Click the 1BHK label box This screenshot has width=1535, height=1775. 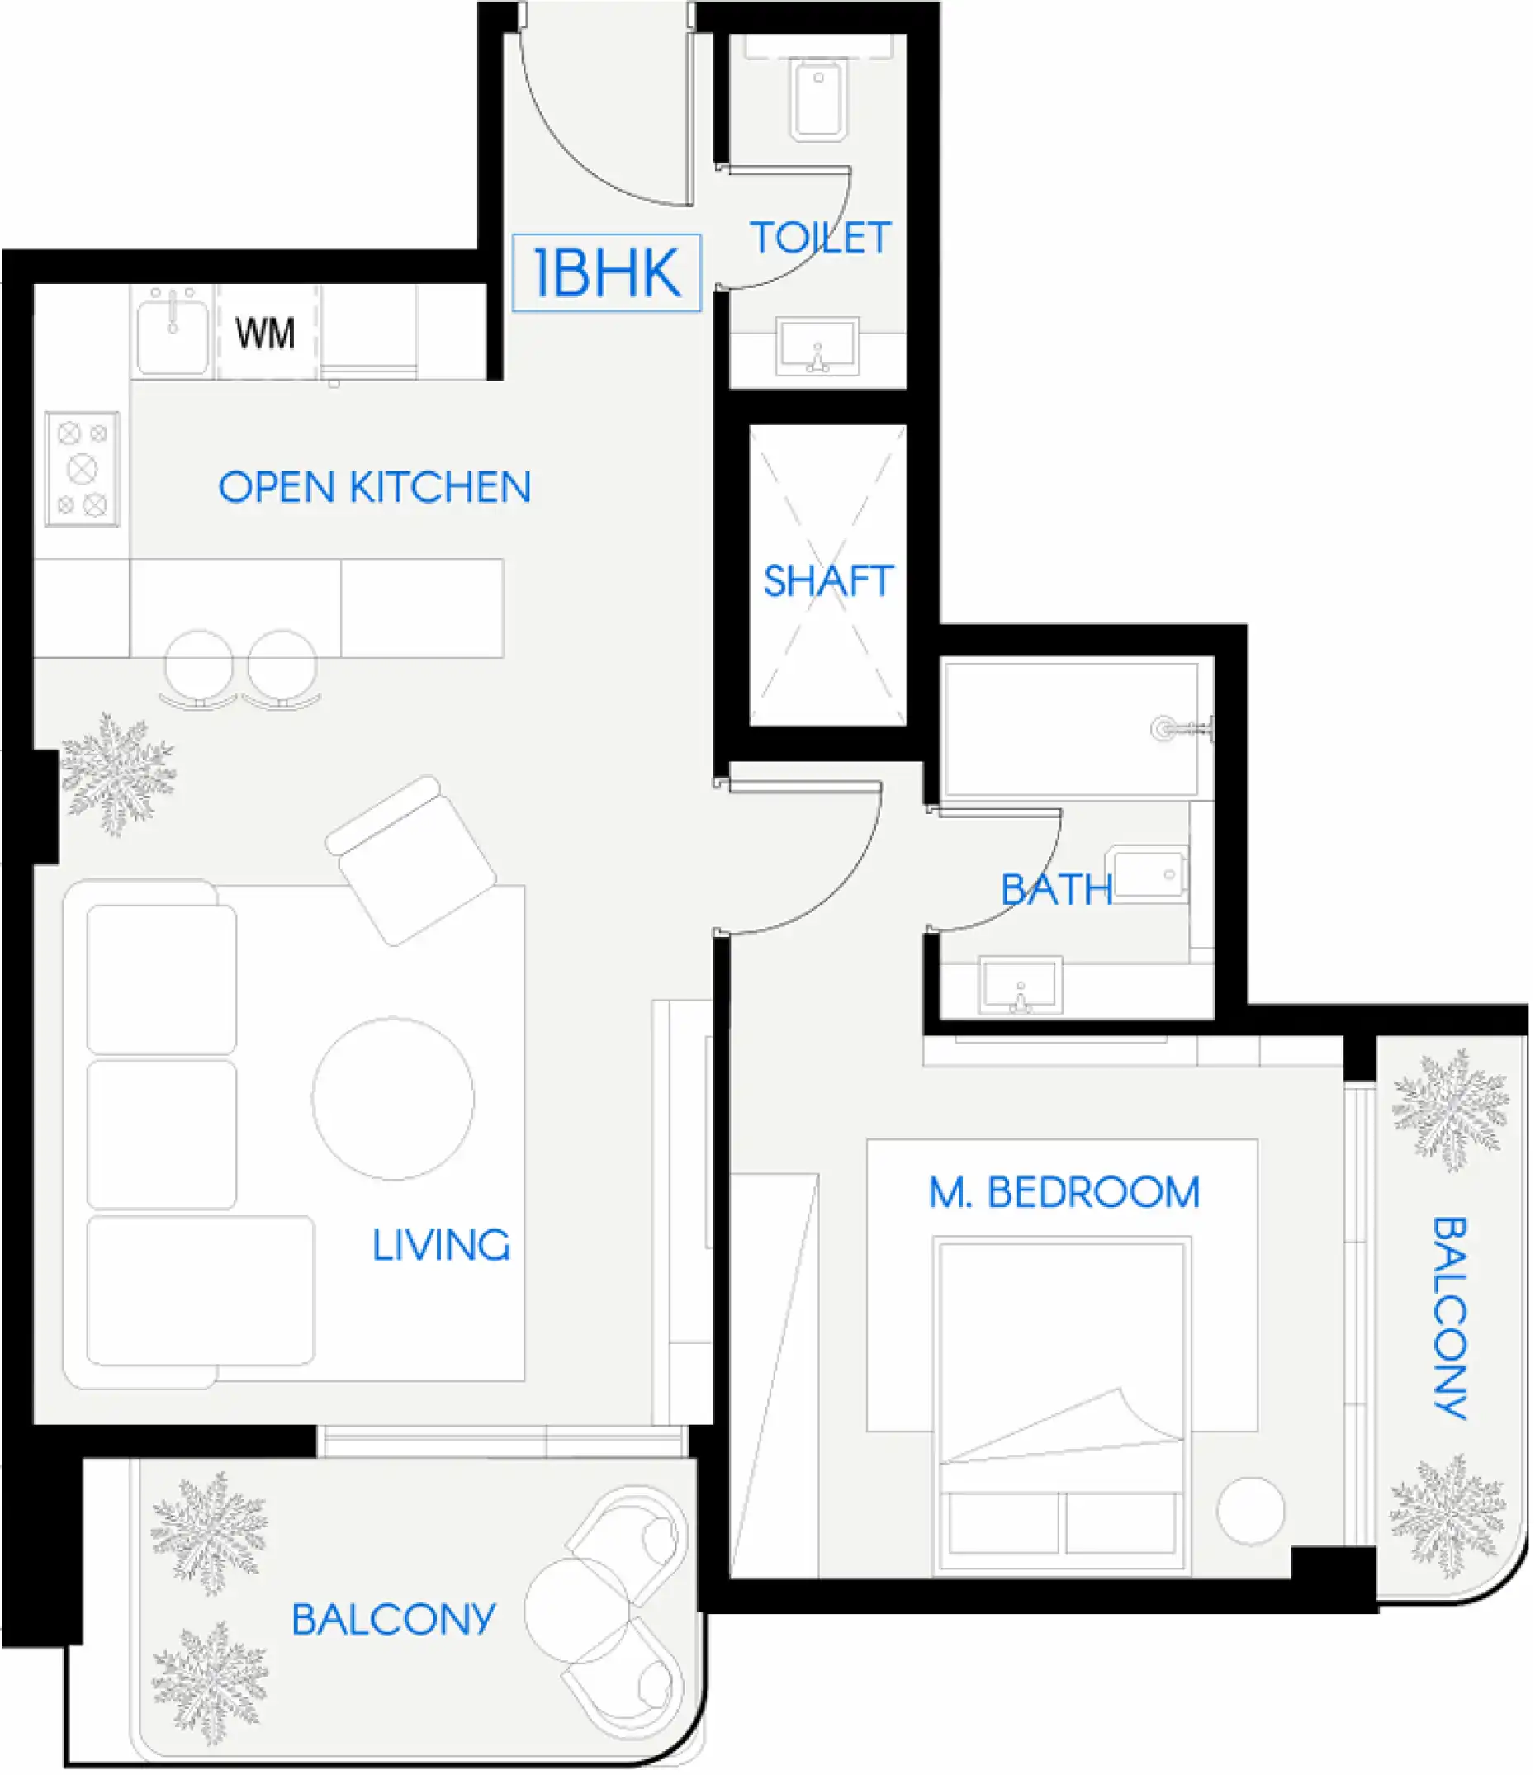pos(606,272)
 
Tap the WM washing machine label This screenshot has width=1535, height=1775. pos(265,334)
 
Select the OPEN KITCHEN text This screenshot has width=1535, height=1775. pos(374,487)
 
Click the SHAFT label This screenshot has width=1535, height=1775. pos(828,582)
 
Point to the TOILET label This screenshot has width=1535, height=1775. pos(821,238)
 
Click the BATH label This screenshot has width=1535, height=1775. pos(1056,890)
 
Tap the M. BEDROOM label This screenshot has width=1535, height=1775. pos(1064,1192)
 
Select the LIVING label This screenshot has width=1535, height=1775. pos(440,1246)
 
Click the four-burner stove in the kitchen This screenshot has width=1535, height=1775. pos(83,470)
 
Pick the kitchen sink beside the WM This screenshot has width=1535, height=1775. pos(173,333)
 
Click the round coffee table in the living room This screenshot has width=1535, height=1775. pos(393,1099)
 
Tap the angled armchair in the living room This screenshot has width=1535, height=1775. pos(410,860)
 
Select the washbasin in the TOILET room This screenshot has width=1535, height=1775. pos(817,347)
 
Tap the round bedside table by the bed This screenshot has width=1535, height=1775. pos(1250,1511)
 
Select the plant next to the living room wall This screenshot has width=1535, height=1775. pos(117,774)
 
